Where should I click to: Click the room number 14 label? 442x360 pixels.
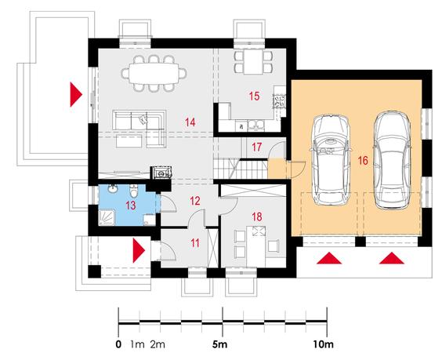[190, 122]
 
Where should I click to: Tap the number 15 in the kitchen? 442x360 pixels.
[254, 96]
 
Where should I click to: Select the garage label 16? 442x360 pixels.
[363, 161]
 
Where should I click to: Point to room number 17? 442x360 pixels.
[256, 147]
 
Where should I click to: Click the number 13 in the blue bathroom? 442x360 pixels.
[131, 205]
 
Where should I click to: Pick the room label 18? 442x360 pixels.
[257, 216]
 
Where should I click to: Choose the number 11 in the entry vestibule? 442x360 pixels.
[195, 243]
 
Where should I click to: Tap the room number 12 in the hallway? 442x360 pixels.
[195, 201]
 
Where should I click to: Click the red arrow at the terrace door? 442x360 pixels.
[76, 95]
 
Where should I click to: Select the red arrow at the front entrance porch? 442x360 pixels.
[139, 250]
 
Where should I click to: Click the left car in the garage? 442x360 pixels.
[331, 159]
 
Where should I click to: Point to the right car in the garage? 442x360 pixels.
[392, 160]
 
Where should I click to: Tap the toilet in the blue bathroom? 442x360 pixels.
[133, 191]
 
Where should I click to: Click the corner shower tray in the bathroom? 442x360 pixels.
[107, 217]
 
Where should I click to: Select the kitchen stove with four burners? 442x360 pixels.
[279, 101]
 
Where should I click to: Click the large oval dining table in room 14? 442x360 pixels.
[154, 74]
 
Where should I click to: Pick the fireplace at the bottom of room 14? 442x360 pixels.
[161, 173]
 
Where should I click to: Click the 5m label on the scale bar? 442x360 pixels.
[220, 344]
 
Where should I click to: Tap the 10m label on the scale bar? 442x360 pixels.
[324, 344]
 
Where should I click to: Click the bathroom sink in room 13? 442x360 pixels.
[114, 189]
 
